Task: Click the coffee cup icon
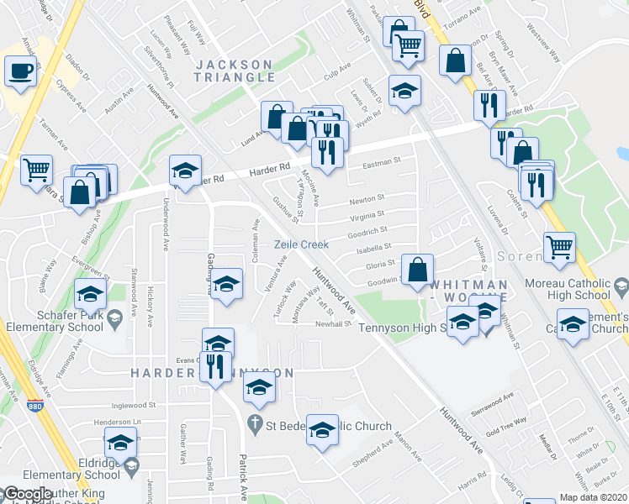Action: (x=20, y=71)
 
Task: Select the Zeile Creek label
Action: (x=299, y=244)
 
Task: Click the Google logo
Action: (x=27, y=494)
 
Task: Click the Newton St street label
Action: (x=367, y=200)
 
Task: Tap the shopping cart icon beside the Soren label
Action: (x=559, y=247)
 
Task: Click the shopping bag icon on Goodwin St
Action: (x=417, y=270)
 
